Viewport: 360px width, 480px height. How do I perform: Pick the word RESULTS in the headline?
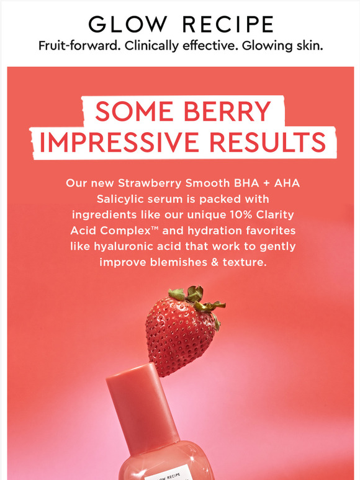tap(268, 142)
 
